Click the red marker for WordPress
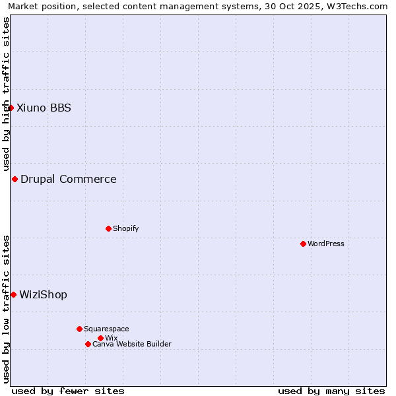(x=303, y=244)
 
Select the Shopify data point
(x=108, y=228)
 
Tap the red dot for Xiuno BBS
(x=11, y=108)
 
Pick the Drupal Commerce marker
(x=15, y=179)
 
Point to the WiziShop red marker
(x=13, y=294)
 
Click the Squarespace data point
(x=79, y=329)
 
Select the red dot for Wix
(x=100, y=338)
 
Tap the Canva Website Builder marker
(x=88, y=344)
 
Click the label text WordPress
(x=326, y=244)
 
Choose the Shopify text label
(x=125, y=228)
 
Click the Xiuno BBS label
(x=44, y=108)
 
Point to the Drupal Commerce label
(x=69, y=179)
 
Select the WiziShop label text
(x=43, y=294)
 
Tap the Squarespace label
(x=106, y=329)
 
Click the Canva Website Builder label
(x=132, y=344)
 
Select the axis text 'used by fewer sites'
(x=68, y=391)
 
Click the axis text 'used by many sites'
(x=331, y=391)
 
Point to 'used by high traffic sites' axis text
(x=6, y=94)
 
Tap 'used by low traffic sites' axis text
(x=6, y=308)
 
